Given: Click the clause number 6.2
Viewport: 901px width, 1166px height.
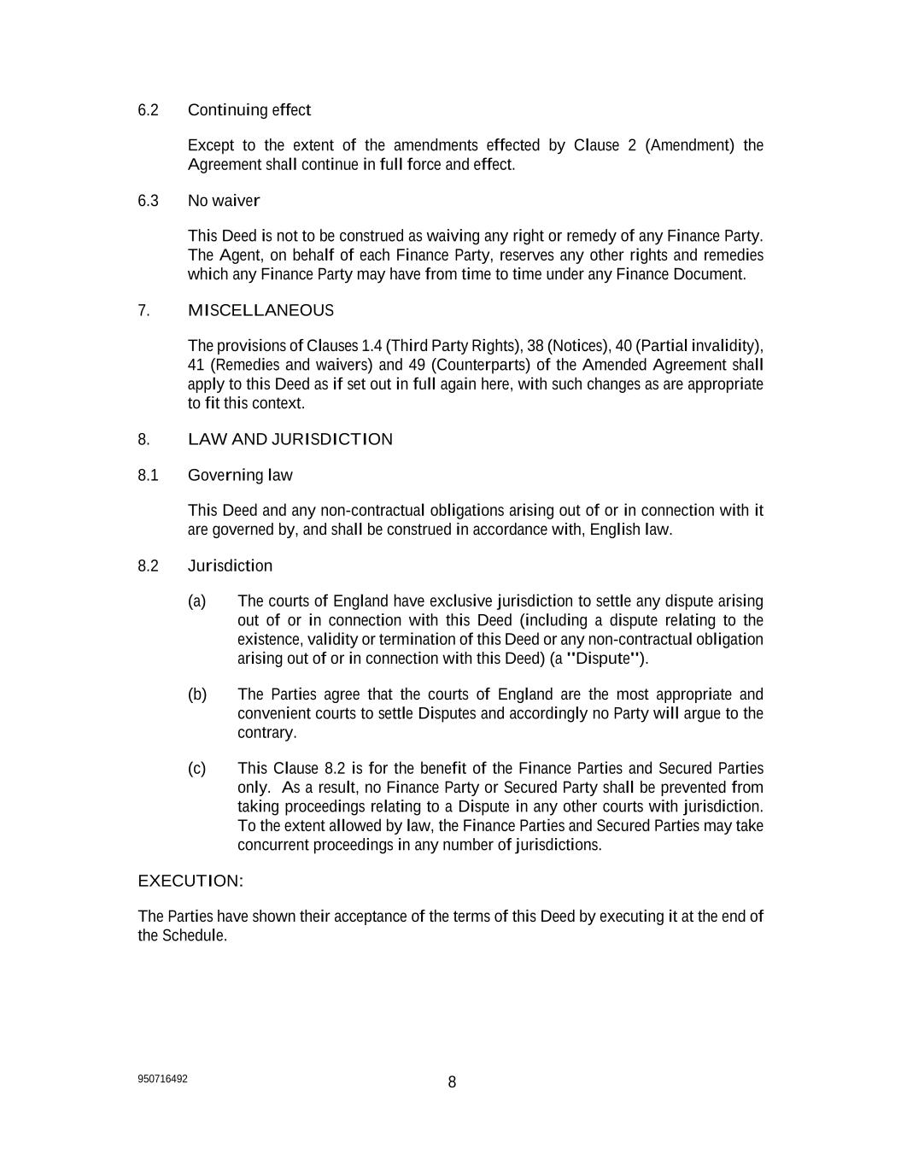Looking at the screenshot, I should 148,110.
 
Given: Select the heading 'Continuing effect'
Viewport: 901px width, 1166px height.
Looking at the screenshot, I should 249,110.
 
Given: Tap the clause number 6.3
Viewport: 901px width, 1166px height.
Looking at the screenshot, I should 148,201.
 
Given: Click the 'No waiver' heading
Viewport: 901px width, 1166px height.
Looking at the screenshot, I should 223,201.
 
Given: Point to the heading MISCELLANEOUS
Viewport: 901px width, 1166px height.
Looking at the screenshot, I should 260,310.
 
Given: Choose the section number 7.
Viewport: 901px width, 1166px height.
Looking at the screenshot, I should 143,310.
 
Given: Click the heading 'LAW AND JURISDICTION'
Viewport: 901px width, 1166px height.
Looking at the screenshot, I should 290,439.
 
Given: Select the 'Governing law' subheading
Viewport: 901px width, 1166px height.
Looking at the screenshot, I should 240,475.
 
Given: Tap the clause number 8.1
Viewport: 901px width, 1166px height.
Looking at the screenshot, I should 148,475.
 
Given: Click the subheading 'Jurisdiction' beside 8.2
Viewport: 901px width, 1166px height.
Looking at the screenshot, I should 230,565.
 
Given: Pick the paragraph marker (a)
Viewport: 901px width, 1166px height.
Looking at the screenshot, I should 196,601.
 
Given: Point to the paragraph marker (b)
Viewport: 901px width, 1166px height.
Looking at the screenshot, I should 196,694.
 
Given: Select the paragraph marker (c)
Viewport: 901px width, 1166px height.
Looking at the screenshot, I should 196,769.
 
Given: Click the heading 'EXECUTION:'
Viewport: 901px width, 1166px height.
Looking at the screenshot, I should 190,881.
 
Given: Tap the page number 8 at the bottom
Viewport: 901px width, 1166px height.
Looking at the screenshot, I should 452,1082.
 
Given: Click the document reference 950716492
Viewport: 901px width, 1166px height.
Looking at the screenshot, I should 162,1079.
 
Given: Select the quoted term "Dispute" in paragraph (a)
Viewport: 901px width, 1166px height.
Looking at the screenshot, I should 604,659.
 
